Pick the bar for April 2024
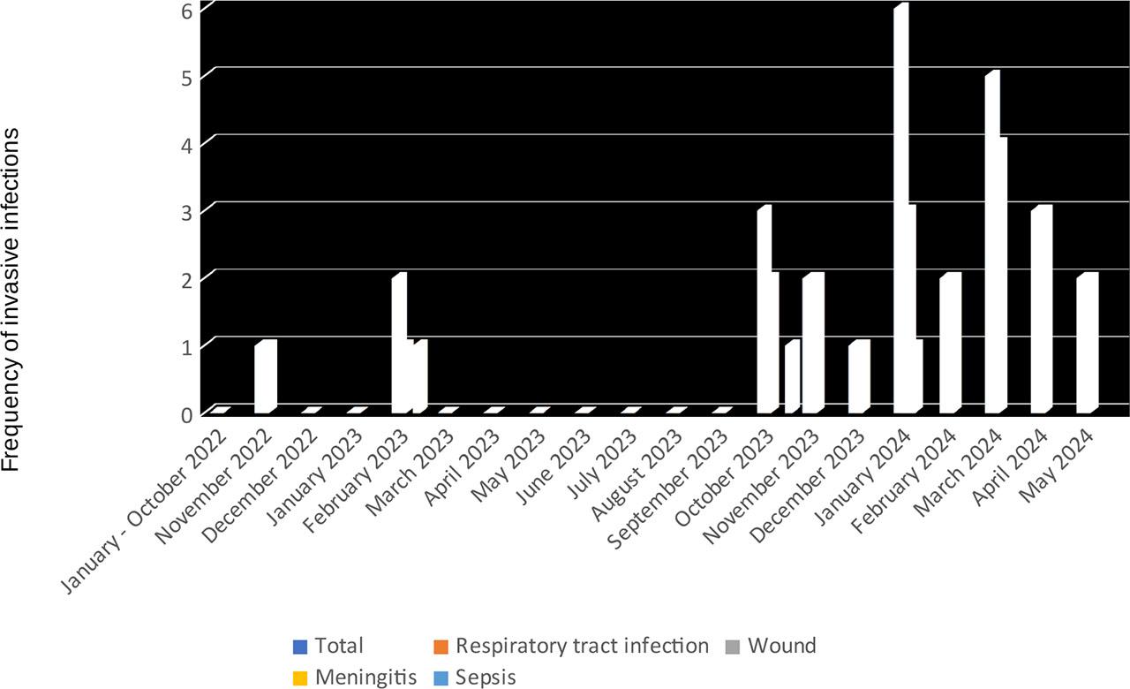(x=1041, y=309)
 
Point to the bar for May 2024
(x=1087, y=344)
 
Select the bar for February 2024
(x=949, y=344)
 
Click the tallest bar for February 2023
(x=398, y=344)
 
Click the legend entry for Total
(x=328, y=647)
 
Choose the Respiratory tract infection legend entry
(x=570, y=647)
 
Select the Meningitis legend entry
(x=354, y=678)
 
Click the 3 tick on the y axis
(x=186, y=210)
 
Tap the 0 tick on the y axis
(x=186, y=413)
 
